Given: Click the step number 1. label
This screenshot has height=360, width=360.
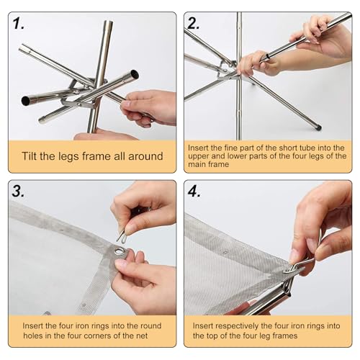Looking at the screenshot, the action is [x=19, y=24].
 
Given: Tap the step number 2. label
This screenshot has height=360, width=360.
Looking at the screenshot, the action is [x=194, y=24].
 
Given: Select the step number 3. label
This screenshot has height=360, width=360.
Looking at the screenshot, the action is [x=18, y=192].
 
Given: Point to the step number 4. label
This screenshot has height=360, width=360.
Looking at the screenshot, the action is [x=194, y=192].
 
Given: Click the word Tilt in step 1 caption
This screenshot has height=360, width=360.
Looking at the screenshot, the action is [x=30, y=156].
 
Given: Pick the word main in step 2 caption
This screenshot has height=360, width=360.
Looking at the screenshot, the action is [x=197, y=164].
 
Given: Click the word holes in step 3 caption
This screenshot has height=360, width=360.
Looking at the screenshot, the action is [x=32, y=336].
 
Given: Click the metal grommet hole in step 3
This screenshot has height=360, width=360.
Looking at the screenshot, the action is [x=118, y=252].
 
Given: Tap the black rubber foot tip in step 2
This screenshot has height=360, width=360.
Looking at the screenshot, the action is [x=318, y=126].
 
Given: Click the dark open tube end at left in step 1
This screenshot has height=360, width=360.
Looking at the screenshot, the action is [x=26, y=101].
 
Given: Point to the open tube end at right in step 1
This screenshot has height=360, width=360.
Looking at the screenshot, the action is [x=135, y=73].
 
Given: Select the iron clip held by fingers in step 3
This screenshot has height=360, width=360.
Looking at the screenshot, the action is [x=121, y=236].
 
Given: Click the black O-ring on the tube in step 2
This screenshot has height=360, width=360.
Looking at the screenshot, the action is [x=267, y=57].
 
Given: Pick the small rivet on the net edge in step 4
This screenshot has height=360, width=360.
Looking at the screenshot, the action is [x=225, y=252].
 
